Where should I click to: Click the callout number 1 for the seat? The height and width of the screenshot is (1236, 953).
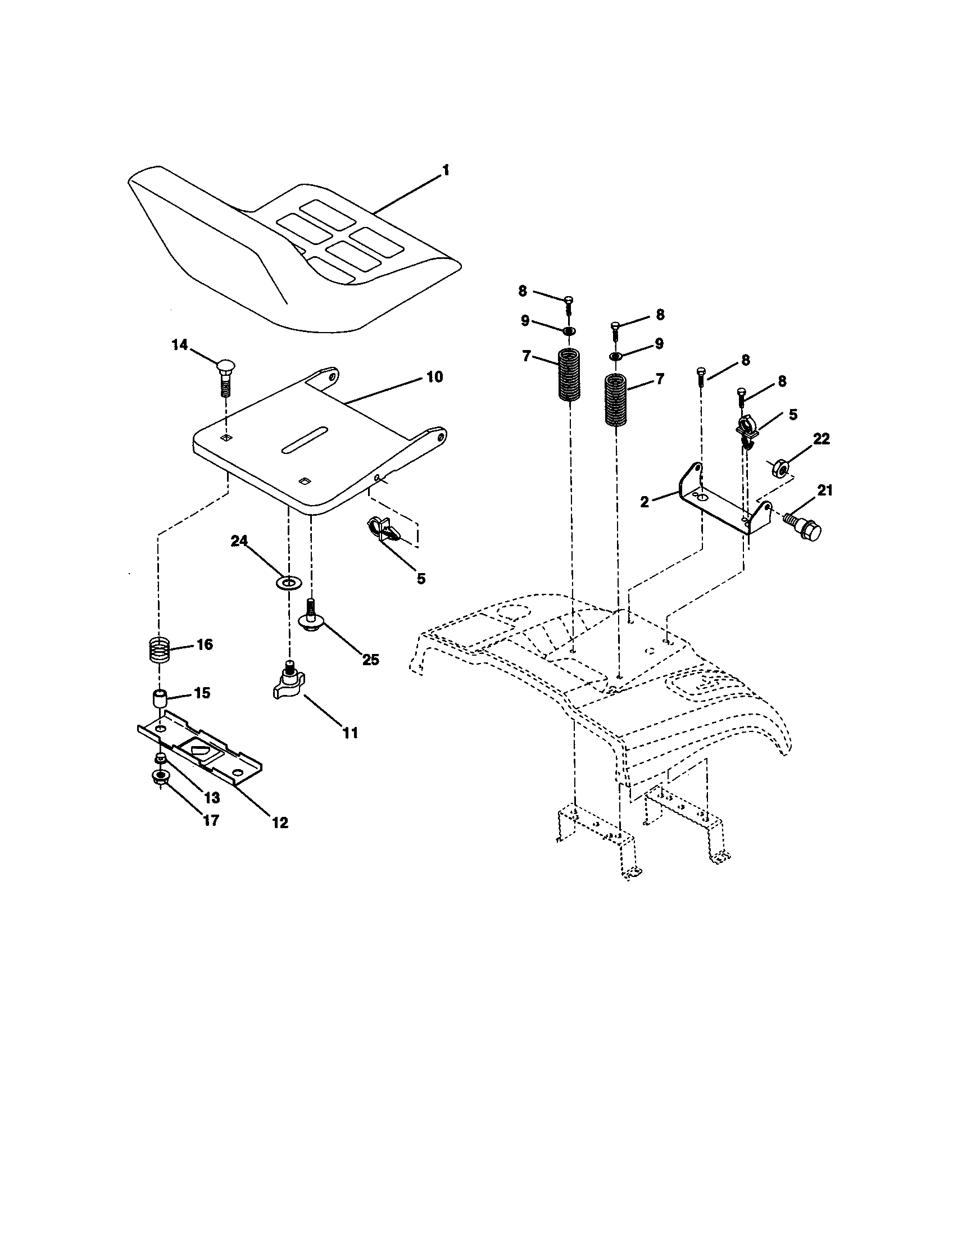click(x=446, y=170)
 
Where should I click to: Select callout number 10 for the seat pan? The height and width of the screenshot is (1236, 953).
click(x=434, y=377)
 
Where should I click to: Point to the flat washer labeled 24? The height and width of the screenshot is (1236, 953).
click(x=289, y=582)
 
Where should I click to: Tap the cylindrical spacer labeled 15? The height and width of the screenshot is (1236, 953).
click(x=160, y=698)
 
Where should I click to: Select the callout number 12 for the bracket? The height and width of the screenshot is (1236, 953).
click(x=280, y=823)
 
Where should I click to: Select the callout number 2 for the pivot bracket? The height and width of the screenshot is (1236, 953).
click(x=645, y=501)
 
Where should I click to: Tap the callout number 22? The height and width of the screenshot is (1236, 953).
click(x=821, y=439)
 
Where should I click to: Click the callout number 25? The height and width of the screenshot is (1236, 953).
click(x=371, y=660)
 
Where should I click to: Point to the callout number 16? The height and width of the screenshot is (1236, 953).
click(x=205, y=644)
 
